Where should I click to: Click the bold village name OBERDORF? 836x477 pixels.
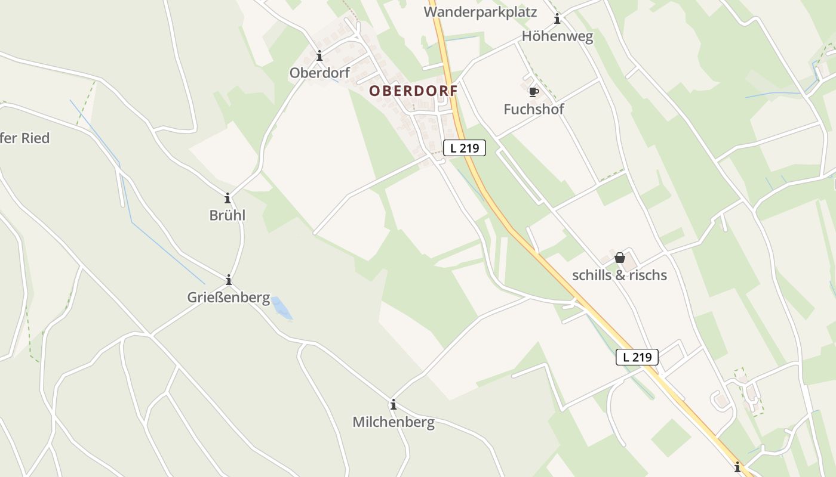pos(413,91)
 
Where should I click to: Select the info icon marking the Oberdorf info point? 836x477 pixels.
pos(319,55)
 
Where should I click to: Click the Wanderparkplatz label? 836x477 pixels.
pos(481,12)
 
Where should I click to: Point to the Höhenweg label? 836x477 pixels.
pos(557,36)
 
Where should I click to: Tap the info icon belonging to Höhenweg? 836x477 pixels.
pos(557,18)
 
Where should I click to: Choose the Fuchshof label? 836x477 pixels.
pos(533,109)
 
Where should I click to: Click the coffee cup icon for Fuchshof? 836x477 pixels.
pos(533,91)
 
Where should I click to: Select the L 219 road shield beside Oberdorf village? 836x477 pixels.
pos(464,148)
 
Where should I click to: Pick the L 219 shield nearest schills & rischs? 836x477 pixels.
pos(637,357)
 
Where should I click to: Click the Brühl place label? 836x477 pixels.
pos(227,215)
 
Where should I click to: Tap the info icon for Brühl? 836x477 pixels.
pos(227,198)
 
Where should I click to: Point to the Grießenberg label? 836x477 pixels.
pos(229,297)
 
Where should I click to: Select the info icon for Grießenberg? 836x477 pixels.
pos(228,280)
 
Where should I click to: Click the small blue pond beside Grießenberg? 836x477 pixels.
pos(281,308)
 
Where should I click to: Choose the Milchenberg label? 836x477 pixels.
pos(393,422)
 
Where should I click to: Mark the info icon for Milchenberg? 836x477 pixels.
pos(393,405)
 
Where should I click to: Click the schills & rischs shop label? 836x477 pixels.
pos(619,275)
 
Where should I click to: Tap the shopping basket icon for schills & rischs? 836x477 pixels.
pos(619,258)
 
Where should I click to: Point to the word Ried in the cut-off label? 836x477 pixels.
pos(35,138)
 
